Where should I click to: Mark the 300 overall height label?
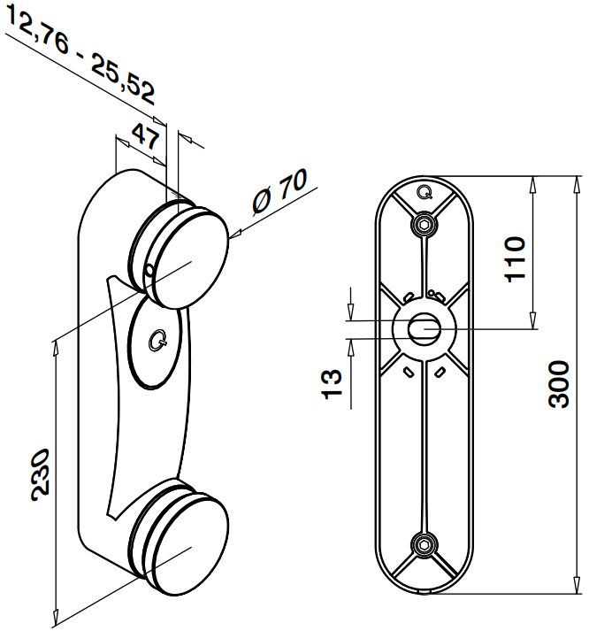(557, 383)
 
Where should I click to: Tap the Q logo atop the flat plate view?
(425, 190)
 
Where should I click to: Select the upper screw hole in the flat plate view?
(425, 222)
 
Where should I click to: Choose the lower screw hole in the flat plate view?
(425, 544)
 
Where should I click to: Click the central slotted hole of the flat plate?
(423, 327)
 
